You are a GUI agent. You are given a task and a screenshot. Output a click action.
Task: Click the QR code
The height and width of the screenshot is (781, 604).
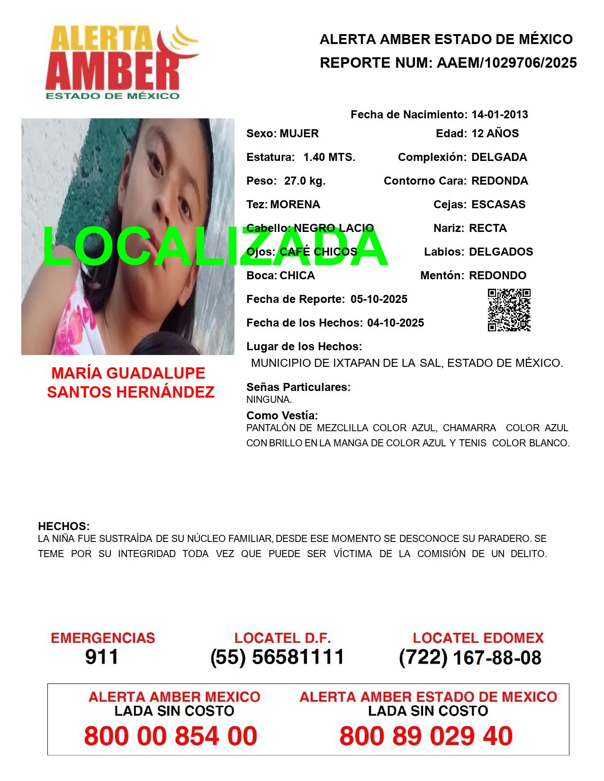tap(509, 310)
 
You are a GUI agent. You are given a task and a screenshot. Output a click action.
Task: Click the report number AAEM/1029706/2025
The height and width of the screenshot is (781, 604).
tap(506, 62)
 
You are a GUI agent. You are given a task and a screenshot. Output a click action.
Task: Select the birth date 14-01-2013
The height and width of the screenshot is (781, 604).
tap(499, 115)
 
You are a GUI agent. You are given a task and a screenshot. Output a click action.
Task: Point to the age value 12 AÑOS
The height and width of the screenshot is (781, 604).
tap(495, 133)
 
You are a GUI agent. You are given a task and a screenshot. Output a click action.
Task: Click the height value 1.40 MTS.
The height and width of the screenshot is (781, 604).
tap(329, 157)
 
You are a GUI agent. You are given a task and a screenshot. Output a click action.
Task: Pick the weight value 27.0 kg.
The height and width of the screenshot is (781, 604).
tap(305, 181)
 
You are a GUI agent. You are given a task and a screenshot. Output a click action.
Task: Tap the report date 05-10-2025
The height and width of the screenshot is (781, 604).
tap(379, 299)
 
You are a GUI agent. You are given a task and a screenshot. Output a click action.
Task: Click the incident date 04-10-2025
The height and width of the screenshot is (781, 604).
tap(396, 323)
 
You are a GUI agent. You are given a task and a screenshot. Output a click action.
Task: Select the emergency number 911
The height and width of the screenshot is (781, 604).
tap(102, 657)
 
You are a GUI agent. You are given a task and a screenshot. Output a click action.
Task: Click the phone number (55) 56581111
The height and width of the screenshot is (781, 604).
tap(278, 657)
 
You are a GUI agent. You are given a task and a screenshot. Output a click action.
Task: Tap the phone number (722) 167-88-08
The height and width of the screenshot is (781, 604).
tap(470, 657)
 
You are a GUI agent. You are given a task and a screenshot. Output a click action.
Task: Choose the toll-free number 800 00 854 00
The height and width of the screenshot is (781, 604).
tap(171, 736)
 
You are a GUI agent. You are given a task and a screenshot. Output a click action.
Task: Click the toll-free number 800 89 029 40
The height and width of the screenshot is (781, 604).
tap(426, 736)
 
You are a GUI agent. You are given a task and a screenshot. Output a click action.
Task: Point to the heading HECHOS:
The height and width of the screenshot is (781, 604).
tap(63, 526)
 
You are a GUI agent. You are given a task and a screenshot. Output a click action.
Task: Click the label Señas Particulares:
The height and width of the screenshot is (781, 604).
tap(298, 387)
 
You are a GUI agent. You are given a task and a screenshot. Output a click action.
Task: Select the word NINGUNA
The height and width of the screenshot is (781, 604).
tap(269, 399)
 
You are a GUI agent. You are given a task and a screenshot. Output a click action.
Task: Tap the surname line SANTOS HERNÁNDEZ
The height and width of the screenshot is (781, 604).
tap(131, 392)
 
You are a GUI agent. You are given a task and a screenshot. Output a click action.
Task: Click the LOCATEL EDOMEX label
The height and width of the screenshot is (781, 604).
tap(478, 638)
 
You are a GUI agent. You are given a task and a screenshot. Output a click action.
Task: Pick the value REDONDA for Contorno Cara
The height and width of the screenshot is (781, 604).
tap(499, 181)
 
